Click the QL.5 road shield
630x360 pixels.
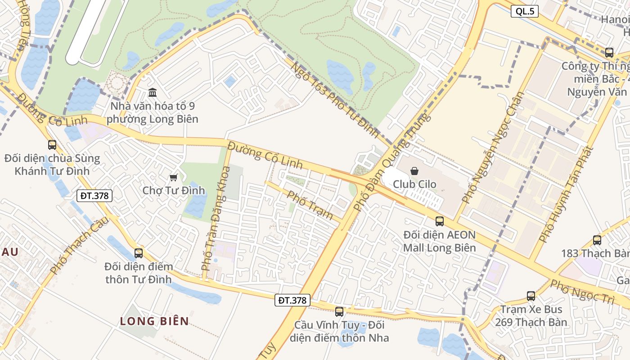(525, 12)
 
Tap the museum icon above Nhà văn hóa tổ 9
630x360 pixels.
(153, 93)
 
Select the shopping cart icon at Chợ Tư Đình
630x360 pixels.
(173, 178)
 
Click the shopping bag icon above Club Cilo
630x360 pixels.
(414, 171)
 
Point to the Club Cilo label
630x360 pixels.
(414, 184)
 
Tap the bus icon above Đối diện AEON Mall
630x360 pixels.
(440, 221)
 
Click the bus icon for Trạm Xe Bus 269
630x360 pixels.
(531, 296)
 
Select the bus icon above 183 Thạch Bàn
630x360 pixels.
(597, 240)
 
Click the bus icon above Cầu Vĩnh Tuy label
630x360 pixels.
(339, 311)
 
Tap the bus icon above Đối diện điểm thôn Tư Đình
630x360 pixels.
(139, 253)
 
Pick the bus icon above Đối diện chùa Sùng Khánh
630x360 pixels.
(52, 145)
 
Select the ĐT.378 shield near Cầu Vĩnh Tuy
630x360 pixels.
(292, 300)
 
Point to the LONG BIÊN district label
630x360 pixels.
(154, 321)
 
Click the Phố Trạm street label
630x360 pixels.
(310, 205)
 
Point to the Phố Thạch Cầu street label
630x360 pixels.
(79, 245)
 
